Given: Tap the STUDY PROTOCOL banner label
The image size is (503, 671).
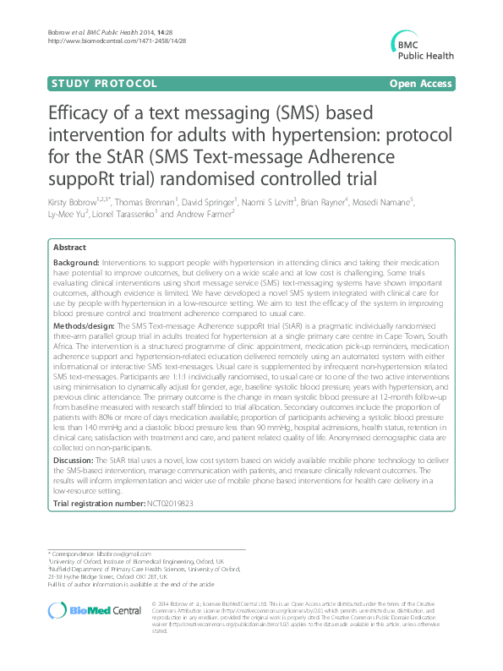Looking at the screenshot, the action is click(104, 84).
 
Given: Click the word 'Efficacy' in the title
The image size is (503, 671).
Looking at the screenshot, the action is click(78, 117).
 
